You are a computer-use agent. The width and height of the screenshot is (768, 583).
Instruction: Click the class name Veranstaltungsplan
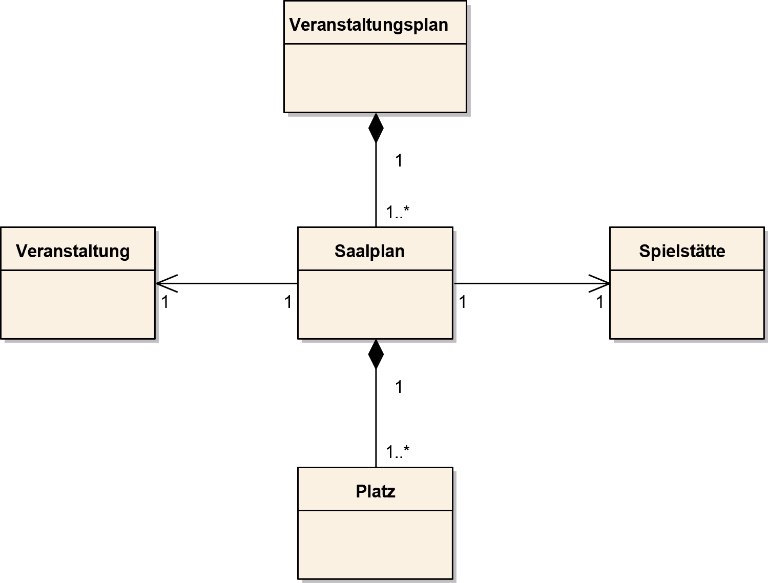point(368,25)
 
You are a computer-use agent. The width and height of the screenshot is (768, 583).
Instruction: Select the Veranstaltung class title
point(73,252)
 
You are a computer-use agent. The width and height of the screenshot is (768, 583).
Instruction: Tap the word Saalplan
point(369,252)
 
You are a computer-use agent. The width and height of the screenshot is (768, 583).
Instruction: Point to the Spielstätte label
point(682,252)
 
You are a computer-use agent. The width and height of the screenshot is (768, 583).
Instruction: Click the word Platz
point(376,492)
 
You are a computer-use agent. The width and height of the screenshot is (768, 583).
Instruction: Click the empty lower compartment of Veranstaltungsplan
point(375,78)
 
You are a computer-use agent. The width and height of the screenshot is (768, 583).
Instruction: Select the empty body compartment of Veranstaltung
point(78,304)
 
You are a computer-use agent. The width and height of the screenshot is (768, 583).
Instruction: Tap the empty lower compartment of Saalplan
point(375,304)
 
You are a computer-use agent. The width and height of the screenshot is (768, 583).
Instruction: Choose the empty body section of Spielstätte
point(687,304)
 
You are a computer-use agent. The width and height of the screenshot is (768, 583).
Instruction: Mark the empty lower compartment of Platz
point(375,544)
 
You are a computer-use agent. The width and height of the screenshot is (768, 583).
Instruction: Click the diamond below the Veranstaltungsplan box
point(375,127)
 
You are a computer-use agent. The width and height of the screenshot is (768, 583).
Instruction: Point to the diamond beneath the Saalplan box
point(375,353)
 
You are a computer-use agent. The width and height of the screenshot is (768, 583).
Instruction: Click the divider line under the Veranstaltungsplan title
point(375,44)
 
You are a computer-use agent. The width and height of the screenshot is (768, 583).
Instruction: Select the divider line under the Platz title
point(375,510)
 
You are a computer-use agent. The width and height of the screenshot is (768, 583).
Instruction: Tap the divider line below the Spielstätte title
point(687,270)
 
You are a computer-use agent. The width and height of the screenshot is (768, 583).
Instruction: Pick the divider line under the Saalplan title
point(375,270)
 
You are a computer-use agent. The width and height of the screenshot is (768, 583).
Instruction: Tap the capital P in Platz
point(360,492)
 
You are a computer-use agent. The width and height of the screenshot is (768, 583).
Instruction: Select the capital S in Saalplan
point(340,252)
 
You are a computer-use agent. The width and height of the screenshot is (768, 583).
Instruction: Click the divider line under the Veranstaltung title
point(78,270)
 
